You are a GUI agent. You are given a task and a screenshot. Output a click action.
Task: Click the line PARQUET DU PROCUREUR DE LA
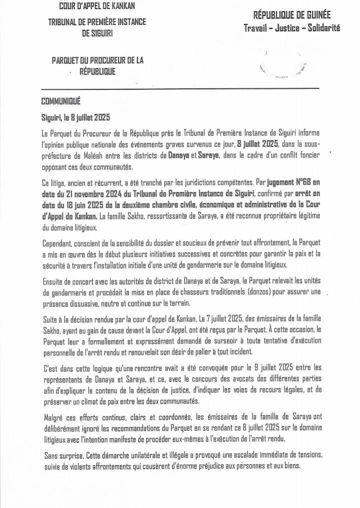point(97,60)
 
